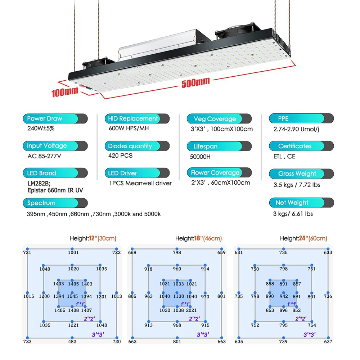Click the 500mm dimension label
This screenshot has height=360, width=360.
(x=195, y=82)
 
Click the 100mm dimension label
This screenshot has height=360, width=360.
(x=65, y=92)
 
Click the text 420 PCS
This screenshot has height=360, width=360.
(x=120, y=156)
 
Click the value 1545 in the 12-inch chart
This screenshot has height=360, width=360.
(x=72, y=296)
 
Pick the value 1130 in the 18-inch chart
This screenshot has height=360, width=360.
(x=179, y=296)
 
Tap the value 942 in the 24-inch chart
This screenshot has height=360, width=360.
(x=284, y=296)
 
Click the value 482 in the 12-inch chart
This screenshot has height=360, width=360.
(x=72, y=341)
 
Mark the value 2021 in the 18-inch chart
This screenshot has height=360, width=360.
(x=192, y=310)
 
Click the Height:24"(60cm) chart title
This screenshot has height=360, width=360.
(x=303, y=238)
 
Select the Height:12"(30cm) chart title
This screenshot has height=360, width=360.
(x=93, y=238)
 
